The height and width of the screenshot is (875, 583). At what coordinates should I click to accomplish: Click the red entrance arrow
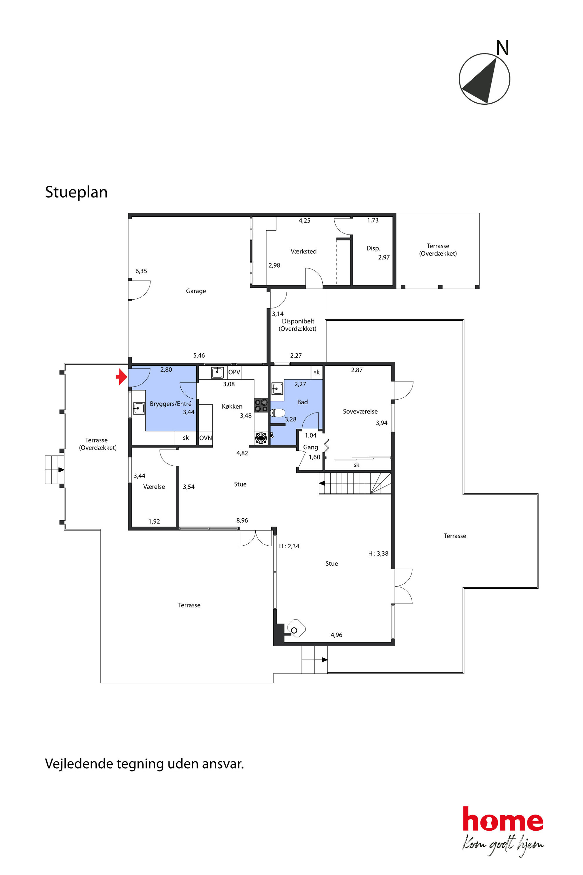click(x=122, y=377)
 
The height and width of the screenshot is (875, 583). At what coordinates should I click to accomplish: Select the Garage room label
click(x=196, y=291)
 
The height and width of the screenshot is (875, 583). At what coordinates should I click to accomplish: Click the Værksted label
click(x=303, y=251)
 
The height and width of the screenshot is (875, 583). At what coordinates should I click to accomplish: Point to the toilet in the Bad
click(x=278, y=413)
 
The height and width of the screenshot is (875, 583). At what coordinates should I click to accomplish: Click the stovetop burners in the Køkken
click(x=261, y=405)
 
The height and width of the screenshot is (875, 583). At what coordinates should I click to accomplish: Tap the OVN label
click(x=206, y=438)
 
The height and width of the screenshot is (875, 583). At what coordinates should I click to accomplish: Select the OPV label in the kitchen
click(x=234, y=372)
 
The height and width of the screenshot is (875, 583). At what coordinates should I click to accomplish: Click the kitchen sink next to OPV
click(x=217, y=372)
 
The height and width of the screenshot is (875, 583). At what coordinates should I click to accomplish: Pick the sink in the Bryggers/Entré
click(x=139, y=408)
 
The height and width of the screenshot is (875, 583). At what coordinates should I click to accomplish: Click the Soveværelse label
click(x=360, y=411)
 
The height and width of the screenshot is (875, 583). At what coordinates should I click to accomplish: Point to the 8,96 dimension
click(x=242, y=520)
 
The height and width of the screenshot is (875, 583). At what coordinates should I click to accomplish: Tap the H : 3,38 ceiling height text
click(x=378, y=554)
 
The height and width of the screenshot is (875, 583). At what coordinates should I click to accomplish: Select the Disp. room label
click(x=373, y=248)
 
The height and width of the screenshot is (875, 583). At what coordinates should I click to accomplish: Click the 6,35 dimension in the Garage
click(x=141, y=271)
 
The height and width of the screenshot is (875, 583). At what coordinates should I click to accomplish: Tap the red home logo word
click(x=503, y=819)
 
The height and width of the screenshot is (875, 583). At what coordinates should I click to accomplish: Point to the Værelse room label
click(x=154, y=487)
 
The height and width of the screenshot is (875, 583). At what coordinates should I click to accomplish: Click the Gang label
click(x=311, y=447)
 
